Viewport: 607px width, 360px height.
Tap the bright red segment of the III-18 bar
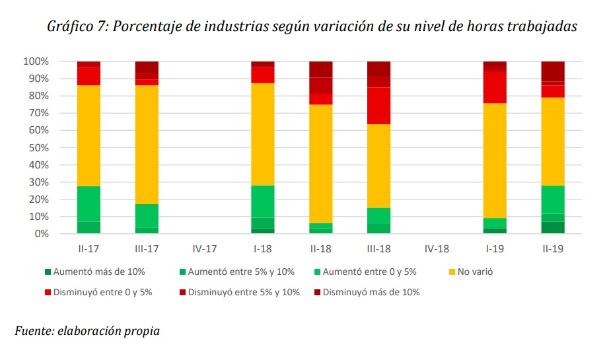(x=379, y=106)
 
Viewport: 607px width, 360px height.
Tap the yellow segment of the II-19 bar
(x=553, y=141)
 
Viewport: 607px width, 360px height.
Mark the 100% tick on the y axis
(x=36, y=61)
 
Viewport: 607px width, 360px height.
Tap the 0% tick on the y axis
(x=40, y=234)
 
